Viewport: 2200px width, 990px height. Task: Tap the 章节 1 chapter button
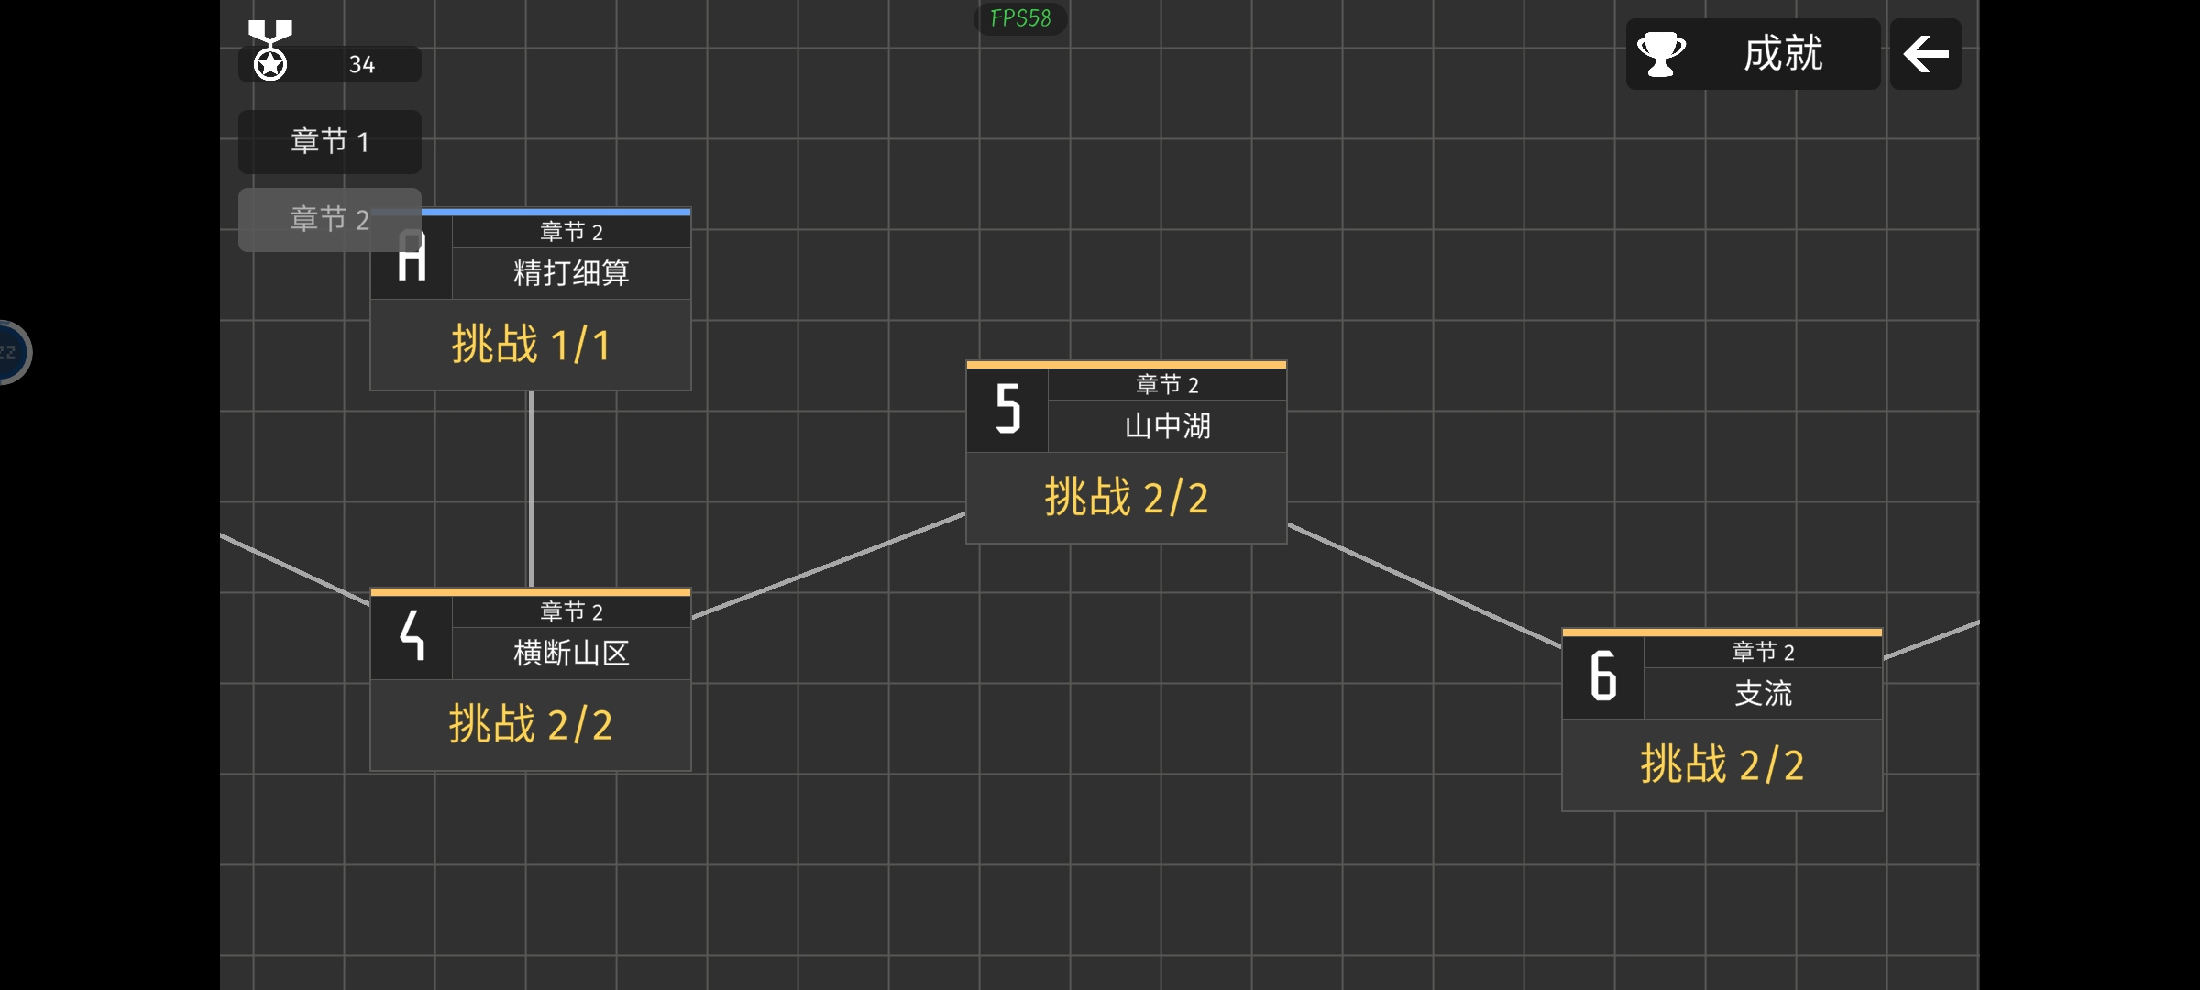(x=330, y=142)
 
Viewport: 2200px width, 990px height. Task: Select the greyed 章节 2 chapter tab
(x=330, y=220)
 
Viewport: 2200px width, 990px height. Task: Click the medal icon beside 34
(x=270, y=50)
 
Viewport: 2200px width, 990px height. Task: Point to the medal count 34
(x=362, y=65)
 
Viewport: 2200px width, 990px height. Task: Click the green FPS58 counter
(x=1020, y=18)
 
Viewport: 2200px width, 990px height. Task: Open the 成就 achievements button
(x=1753, y=54)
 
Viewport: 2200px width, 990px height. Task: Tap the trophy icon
(x=1661, y=54)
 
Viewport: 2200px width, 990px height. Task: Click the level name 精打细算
(x=571, y=273)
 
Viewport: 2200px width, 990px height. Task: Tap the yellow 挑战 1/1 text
(x=531, y=345)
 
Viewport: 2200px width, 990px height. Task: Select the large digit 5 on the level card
(x=1008, y=409)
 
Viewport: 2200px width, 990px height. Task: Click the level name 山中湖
(x=1167, y=426)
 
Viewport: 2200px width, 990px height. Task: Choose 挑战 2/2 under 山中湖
(x=1127, y=498)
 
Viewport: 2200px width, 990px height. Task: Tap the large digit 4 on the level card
(x=412, y=635)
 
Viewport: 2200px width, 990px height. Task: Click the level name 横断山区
(x=571, y=654)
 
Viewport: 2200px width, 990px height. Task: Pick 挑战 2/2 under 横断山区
(x=531, y=725)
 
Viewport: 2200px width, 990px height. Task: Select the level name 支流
(x=1763, y=694)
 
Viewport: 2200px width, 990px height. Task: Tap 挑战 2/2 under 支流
(x=1722, y=765)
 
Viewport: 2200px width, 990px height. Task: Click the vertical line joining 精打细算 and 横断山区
(x=531, y=489)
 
